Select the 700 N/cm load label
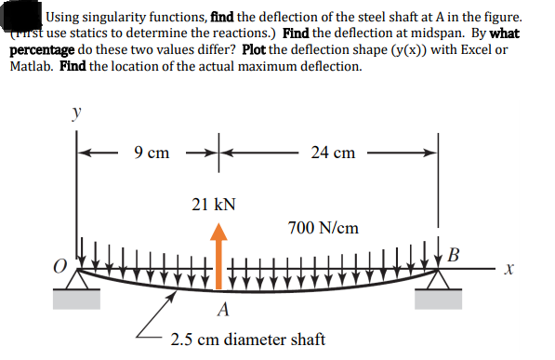[x=323, y=227]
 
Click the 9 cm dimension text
[x=152, y=152]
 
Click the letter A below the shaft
[x=223, y=309]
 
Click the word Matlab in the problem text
[x=36, y=67]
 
